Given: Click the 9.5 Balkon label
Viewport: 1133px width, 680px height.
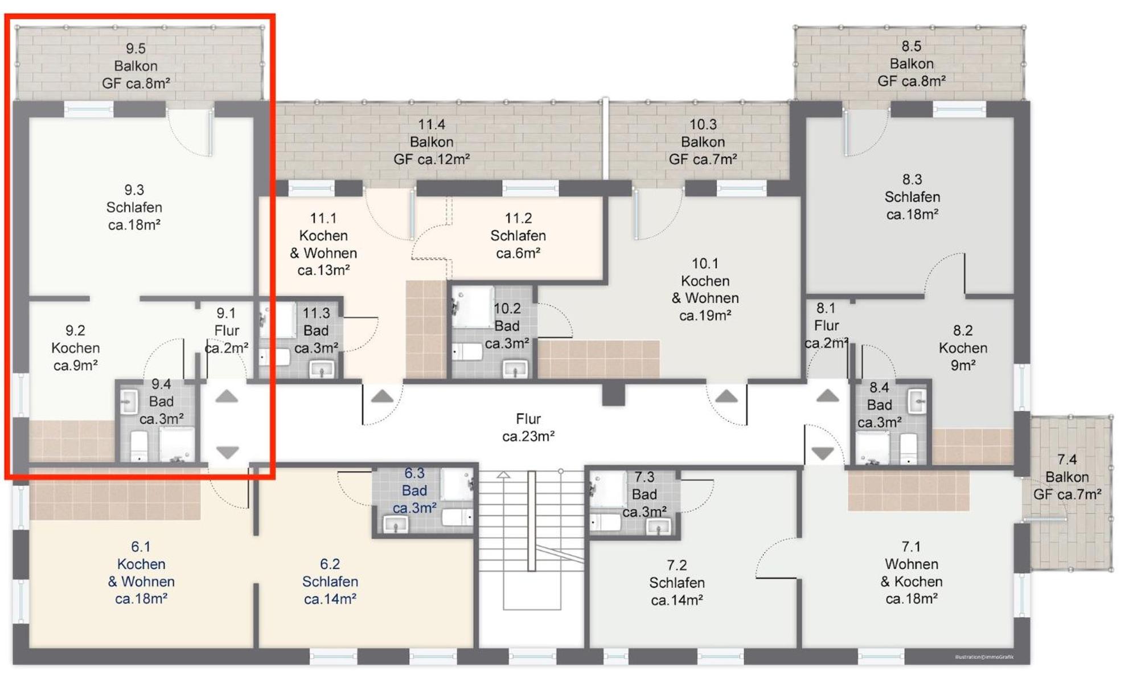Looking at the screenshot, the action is (x=136, y=65).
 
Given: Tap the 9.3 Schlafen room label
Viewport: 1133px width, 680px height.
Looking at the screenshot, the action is (x=134, y=207).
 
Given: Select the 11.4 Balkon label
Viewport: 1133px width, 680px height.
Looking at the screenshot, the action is (x=432, y=142).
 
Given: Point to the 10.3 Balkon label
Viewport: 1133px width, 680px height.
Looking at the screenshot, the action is (x=703, y=142).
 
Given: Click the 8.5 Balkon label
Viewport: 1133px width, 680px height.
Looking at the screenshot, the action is (x=912, y=63).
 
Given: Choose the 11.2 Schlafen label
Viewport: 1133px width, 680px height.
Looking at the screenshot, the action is (x=518, y=235).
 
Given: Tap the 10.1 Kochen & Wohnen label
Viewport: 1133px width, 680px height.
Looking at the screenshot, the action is (x=705, y=289).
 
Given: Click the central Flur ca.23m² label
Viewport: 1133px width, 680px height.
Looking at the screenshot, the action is (x=528, y=428).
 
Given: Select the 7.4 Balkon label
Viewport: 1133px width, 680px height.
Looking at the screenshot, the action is (x=1067, y=477).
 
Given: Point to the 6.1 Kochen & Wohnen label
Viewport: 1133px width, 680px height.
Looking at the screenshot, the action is (x=141, y=572).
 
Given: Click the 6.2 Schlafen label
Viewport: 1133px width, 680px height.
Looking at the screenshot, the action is (x=330, y=581).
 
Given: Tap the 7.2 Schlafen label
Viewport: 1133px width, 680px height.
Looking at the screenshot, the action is (x=677, y=583).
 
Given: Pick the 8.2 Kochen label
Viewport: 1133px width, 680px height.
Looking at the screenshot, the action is (x=963, y=348).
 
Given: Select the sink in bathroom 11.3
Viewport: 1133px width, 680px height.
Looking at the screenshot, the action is (x=322, y=369).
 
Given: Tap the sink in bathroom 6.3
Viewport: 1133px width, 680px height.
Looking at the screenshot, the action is (x=396, y=524).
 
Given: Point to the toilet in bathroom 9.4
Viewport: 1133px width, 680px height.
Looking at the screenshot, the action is (x=139, y=446).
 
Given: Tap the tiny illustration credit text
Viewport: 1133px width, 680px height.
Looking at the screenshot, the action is (x=984, y=657).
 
